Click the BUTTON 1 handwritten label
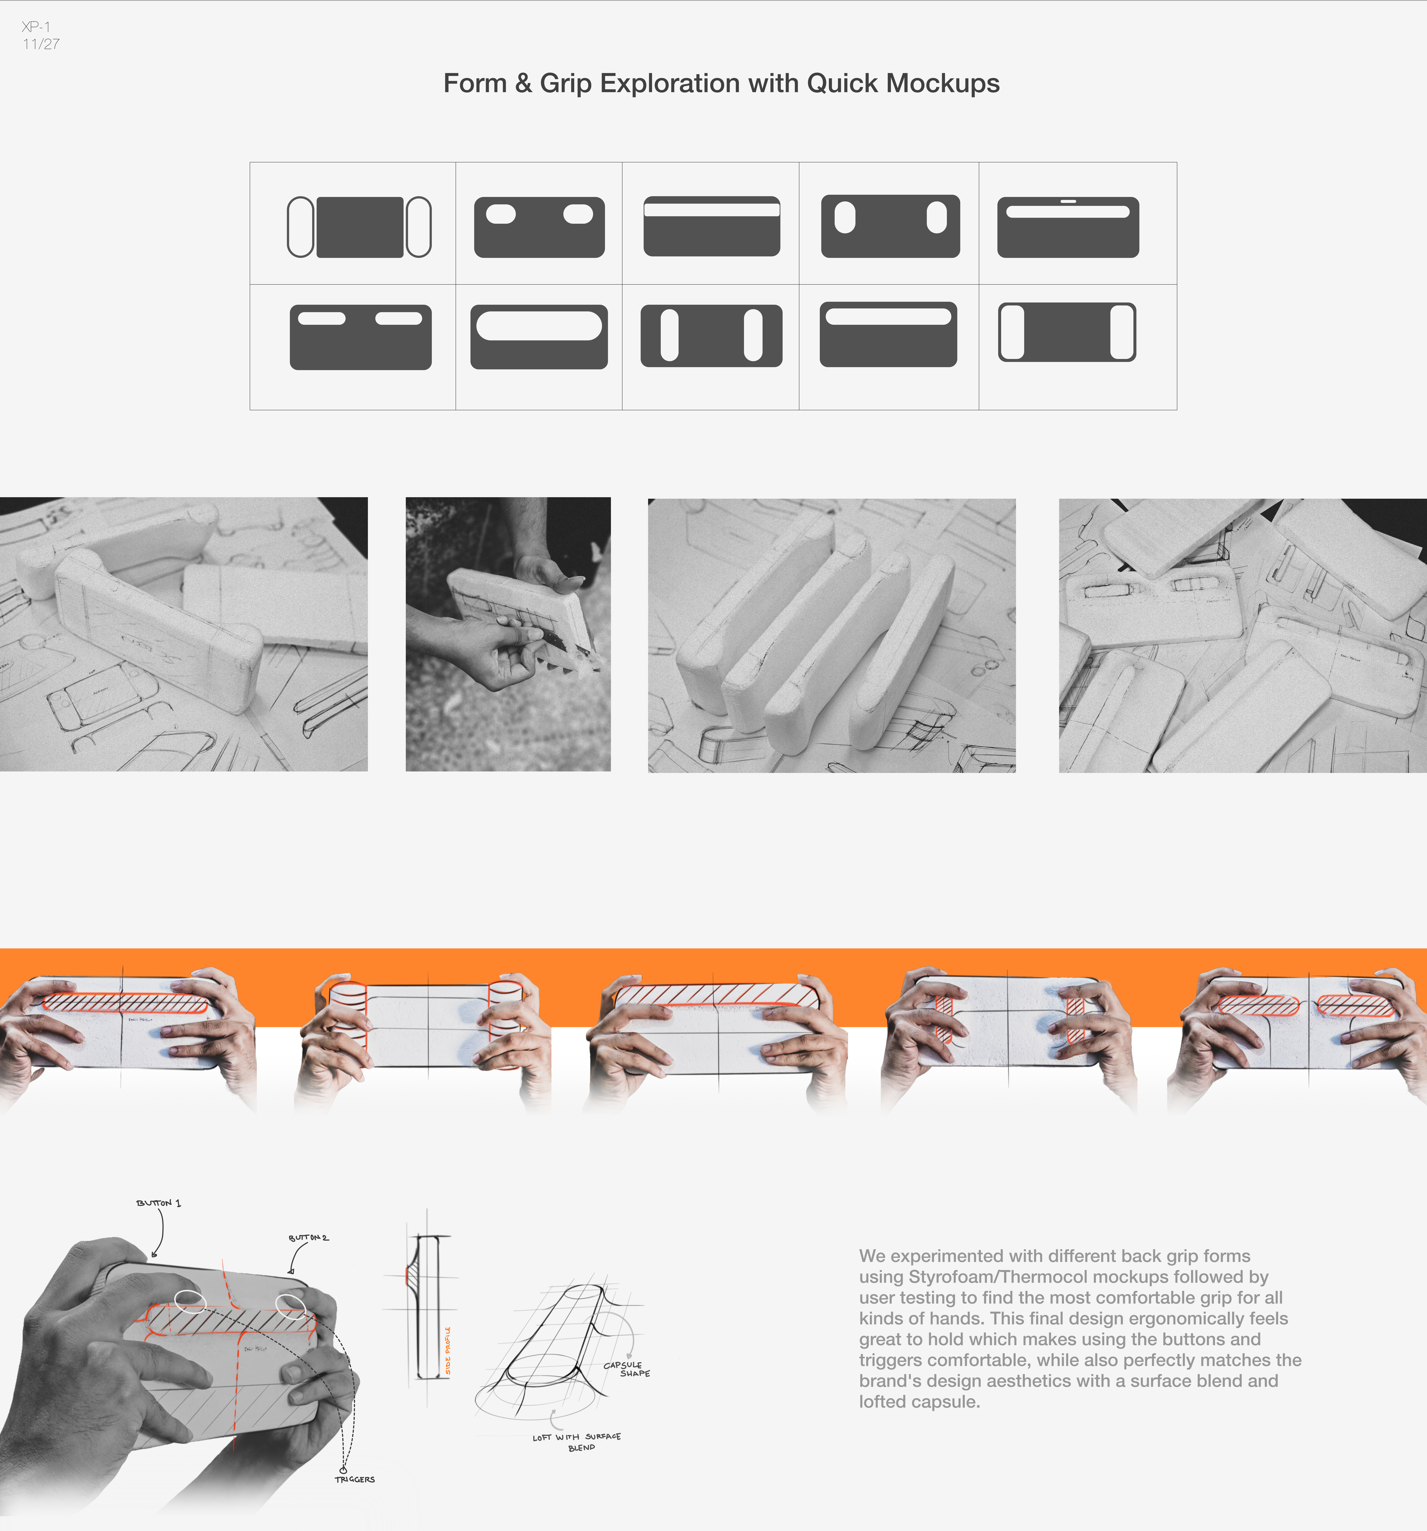pos(159,1203)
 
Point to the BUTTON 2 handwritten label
pos(308,1238)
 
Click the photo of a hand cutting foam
pos(508,634)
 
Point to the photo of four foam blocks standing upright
pos(832,635)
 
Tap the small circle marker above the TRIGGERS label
pos(344,1469)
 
